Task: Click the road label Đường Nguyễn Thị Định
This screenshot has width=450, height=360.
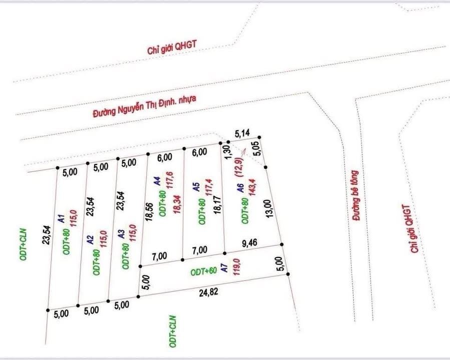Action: pos(145,106)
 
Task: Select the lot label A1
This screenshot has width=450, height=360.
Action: pos(60,218)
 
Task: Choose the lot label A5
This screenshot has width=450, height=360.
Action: pos(196,187)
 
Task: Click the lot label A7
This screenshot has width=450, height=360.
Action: pos(225,269)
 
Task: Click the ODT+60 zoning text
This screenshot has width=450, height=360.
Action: pos(204,271)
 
